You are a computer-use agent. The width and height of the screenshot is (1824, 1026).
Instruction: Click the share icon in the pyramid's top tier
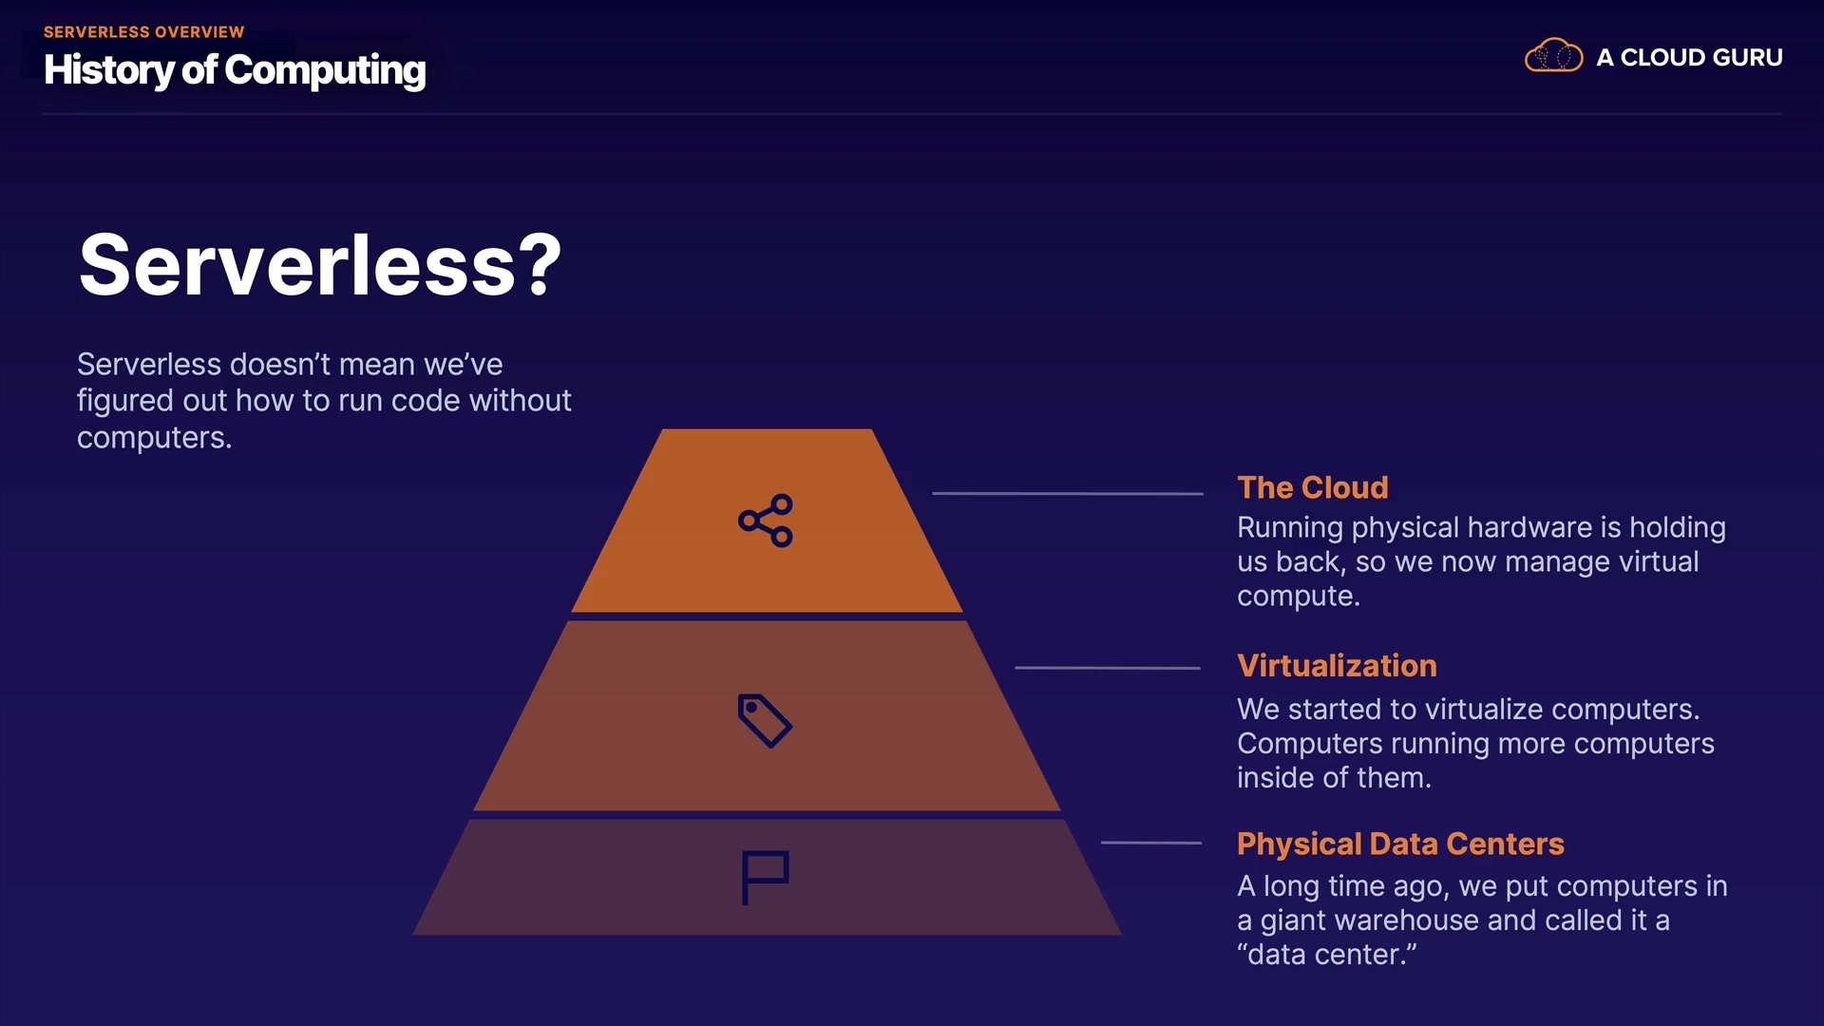[766, 521]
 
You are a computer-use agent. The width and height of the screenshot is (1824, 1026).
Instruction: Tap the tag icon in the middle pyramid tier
[765, 720]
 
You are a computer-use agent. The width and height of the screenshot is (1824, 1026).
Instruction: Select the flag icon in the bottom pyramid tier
[765, 877]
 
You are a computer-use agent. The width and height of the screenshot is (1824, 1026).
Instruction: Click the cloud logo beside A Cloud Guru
[1553, 56]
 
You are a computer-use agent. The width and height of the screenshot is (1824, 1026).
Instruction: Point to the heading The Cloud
[1312, 487]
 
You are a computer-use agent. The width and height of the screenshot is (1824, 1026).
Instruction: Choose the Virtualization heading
[1337, 666]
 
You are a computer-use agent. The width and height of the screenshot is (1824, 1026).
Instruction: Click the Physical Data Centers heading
[1400, 844]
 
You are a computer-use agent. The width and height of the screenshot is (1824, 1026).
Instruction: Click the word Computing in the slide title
[325, 69]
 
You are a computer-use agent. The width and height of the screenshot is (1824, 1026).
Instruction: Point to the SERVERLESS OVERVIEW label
[143, 31]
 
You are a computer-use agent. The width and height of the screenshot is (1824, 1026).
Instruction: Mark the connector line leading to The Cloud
[1067, 493]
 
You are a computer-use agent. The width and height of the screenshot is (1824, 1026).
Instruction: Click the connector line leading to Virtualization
[1107, 668]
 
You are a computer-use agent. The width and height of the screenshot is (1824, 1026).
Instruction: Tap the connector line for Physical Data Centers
[1150, 843]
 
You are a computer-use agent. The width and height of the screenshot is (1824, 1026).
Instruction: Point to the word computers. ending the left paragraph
[154, 438]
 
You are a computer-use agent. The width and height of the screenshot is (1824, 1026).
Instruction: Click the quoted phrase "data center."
[1326, 954]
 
